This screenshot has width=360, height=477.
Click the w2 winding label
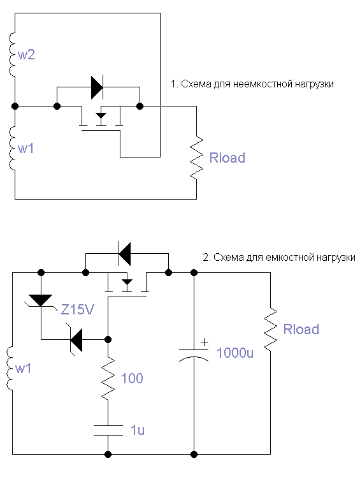tap(27, 55)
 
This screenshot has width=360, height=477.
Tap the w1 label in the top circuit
tap(26, 149)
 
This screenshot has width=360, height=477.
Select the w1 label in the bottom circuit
tap(23, 369)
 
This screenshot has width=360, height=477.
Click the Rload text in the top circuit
tap(227, 158)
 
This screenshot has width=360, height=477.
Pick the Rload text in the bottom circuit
tap(301, 330)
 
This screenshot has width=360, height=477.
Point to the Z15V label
tap(78, 310)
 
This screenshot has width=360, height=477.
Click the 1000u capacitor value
tap(234, 353)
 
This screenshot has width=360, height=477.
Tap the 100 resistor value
tap(132, 378)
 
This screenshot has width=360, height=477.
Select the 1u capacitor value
tap(138, 430)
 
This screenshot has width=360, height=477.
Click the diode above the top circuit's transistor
tap(97, 87)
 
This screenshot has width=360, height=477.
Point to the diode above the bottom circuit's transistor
tap(124, 254)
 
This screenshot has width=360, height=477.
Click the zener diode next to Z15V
tap(40, 301)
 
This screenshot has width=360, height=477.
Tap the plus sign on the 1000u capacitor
tap(205, 342)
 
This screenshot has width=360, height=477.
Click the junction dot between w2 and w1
tap(15, 106)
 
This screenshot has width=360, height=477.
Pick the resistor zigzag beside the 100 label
tap(108, 378)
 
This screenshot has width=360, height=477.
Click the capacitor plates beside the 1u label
tap(108, 430)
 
